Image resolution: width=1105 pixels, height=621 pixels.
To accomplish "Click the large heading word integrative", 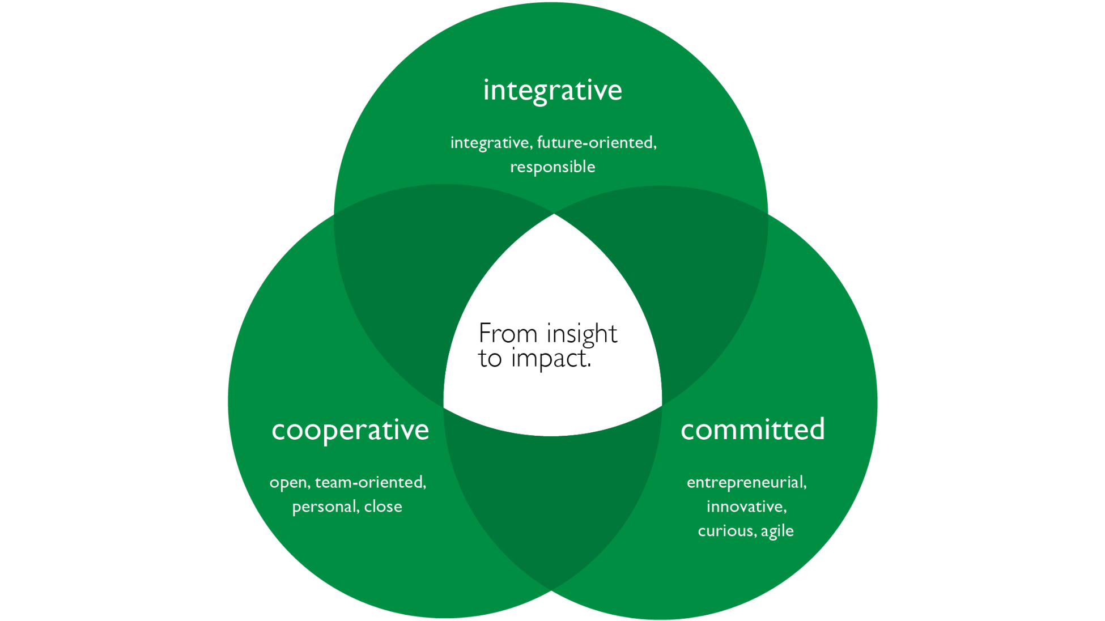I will tap(552, 91).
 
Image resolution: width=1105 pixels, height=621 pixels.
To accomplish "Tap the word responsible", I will tap(552, 167).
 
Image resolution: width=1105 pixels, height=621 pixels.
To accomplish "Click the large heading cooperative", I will tap(350, 430).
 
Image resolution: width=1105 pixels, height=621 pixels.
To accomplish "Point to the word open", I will tap(289, 483).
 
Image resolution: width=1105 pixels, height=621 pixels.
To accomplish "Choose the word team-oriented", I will tap(369, 482).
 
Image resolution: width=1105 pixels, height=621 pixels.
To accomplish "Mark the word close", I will tap(383, 507).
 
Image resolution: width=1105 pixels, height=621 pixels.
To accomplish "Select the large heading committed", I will tap(753, 429).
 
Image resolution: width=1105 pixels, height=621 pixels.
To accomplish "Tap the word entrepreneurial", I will tap(746, 482).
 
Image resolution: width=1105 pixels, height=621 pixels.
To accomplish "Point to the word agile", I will tap(777, 531).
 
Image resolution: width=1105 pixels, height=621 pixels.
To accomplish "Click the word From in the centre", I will tap(508, 334).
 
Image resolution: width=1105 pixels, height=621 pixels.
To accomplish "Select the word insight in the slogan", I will tap(582, 334).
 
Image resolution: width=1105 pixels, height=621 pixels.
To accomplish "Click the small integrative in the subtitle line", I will tap(491, 142).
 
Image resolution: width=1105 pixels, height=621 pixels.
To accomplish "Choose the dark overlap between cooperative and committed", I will tap(552, 499).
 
